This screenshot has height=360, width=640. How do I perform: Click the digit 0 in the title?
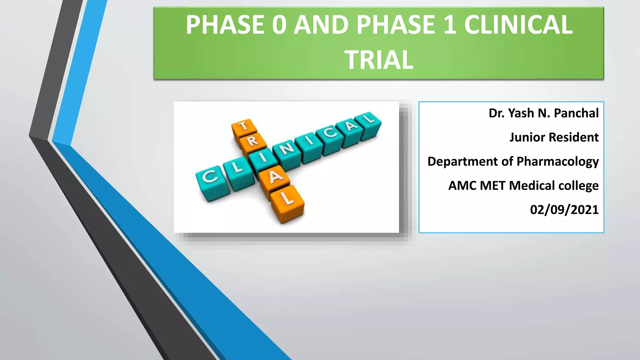[279, 25]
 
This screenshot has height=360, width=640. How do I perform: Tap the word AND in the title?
[321, 25]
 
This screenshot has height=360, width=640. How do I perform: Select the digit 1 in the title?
[450, 25]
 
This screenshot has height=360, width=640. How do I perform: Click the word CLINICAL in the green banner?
[518, 25]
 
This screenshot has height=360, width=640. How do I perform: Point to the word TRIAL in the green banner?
[379, 60]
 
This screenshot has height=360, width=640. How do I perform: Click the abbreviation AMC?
[462, 186]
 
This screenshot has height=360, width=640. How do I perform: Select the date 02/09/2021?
[564, 210]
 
